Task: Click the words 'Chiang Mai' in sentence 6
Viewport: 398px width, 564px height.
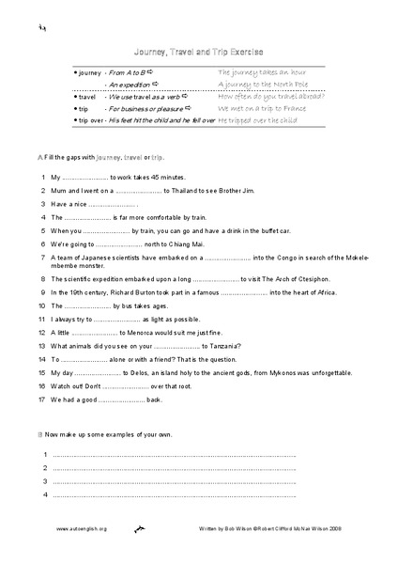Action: [x=176, y=243]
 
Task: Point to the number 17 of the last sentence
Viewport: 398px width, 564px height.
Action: [x=42, y=399]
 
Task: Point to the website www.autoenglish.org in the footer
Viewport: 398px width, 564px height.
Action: [x=81, y=529]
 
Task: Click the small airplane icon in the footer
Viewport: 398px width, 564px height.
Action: [x=138, y=529]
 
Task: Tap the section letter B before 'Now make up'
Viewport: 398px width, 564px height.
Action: [x=38, y=435]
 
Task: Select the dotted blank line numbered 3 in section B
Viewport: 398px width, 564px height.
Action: [x=174, y=481]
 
